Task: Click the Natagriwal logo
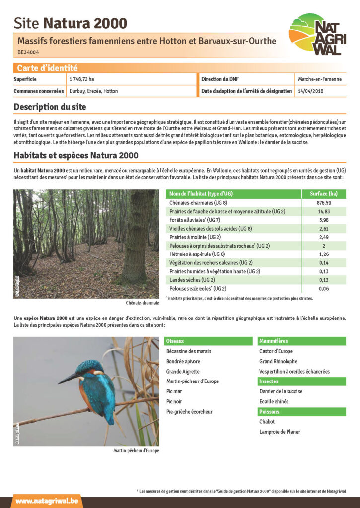pos(317,34)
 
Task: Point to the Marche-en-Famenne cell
pos(319,79)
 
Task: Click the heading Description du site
pos(50,107)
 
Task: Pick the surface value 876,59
pos(323,203)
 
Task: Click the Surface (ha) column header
pos(323,194)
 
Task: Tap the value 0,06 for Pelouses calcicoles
pos(323,288)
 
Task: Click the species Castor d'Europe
pos(276,351)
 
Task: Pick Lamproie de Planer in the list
pos(280,432)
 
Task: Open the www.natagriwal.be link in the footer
pos(47,501)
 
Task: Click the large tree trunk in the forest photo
pos(138,238)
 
